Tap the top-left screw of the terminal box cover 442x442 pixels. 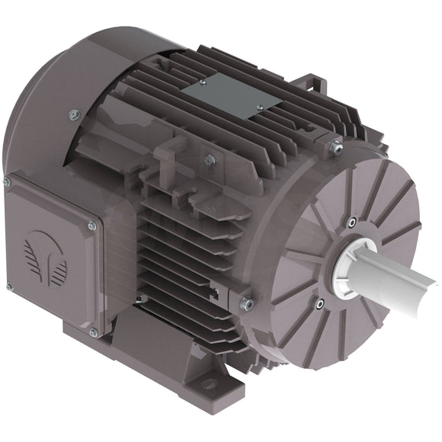pos(7,182)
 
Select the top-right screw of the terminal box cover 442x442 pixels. pos(92,226)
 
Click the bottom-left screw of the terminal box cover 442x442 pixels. pos(10,287)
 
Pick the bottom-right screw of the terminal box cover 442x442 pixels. pos(93,332)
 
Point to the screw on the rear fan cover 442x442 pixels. pos(74,115)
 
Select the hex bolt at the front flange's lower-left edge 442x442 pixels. pos(246,304)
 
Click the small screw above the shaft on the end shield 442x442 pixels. pos(351,223)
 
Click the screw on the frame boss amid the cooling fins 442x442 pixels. pos(209,160)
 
